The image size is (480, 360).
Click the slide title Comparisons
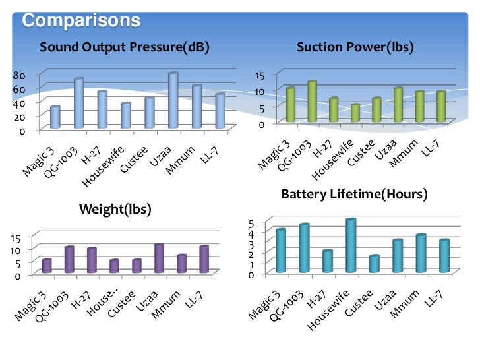(x=81, y=20)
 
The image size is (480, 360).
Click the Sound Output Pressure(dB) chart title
(x=125, y=47)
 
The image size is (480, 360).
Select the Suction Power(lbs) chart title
(x=354, y=47)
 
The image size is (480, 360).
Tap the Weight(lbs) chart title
(x=115, y=210)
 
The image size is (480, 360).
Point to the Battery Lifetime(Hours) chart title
(x=354, y=195)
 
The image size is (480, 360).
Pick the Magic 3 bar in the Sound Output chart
(x=55, y=117)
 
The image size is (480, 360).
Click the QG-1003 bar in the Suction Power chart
(x=312, y=102)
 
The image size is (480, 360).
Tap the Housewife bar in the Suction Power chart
(x=355, y=113)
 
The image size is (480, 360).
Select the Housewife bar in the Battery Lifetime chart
(x=351, y=245)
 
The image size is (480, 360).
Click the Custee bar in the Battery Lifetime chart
(x=374, y=263)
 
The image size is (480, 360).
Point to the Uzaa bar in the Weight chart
(x=159, y=258)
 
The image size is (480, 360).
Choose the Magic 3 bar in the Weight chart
(x=47, y=265)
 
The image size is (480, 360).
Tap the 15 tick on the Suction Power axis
(x=261, y=76)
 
